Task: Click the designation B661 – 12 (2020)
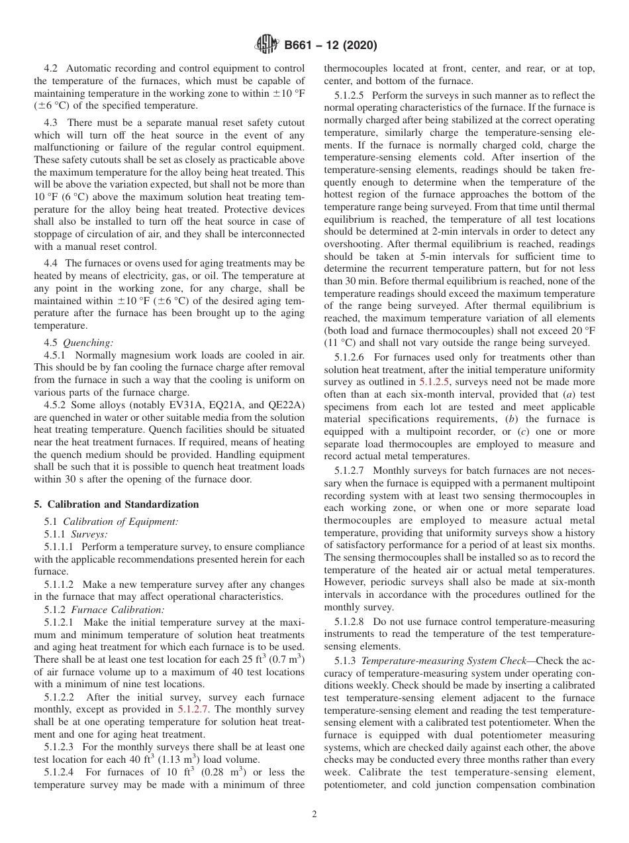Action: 330,45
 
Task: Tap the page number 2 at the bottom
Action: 314,815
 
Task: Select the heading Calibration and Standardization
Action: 122,504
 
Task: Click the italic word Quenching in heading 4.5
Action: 88,343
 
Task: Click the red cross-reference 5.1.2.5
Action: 436,382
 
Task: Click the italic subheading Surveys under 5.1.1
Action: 89,534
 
